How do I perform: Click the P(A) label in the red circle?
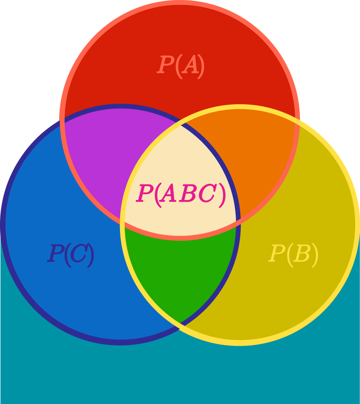click(181, 66)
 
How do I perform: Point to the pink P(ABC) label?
click(181, 194)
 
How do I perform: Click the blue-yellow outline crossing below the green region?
click(180, 325)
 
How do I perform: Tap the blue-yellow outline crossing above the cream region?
click(180, 123)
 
